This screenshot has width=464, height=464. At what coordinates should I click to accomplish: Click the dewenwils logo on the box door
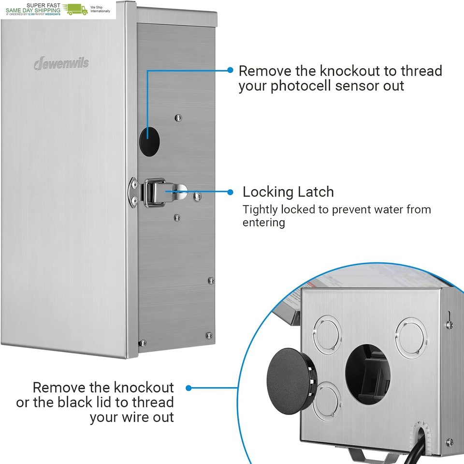61,63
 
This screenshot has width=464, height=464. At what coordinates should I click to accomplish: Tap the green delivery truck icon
75,10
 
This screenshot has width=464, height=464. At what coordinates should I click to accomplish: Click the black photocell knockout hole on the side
149,142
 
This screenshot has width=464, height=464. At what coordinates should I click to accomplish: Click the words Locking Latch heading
288,192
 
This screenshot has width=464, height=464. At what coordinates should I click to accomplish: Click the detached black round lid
292,381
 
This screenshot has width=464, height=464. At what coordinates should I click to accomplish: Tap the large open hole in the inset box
368,374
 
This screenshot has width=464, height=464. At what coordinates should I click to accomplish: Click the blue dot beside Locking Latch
230,192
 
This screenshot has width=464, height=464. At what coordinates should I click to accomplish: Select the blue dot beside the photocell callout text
230,70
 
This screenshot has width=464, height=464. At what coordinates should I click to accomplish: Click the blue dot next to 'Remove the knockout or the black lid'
189,388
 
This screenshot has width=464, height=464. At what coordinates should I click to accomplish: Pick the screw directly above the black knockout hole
178,118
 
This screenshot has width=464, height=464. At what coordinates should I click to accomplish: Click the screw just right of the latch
197,196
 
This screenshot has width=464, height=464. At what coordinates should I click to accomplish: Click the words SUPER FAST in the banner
43,5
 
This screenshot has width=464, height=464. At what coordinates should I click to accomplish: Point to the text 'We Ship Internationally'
100,9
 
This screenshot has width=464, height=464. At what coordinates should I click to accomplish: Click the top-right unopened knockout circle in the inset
411,338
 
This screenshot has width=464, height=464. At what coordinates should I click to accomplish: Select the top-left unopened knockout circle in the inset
327,334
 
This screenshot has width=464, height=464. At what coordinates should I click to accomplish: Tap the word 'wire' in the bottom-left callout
135,417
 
